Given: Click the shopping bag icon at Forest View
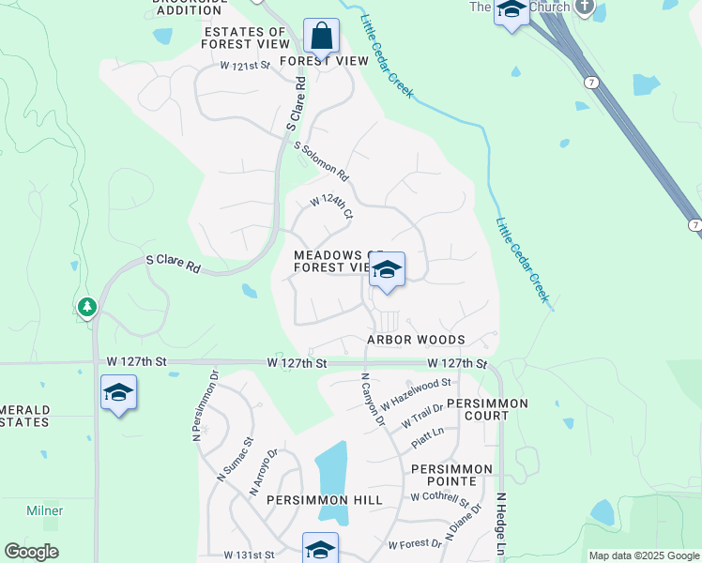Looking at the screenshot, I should (x=321, y=38).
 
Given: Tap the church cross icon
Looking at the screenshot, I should (x=585, y=8).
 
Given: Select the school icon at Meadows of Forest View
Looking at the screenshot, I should (x=386, y=271).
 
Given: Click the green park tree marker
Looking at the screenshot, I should (x=86, y=307).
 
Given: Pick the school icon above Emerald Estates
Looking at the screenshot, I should (x=119, y=393).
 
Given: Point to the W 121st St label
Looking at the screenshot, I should (x=245, y=66).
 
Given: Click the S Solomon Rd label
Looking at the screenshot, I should (x=321, y=161).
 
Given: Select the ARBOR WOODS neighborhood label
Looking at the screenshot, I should (x=416, y=340).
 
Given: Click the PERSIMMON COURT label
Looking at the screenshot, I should (x=487, y=409).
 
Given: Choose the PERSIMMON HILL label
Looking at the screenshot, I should (x=324, y=500).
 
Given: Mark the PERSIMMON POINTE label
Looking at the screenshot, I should (x=450, y=475).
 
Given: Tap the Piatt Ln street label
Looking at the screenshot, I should (x=425, y=432).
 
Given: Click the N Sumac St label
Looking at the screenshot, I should (x=236, y=459).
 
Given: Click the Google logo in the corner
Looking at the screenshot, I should (x=31, y=552).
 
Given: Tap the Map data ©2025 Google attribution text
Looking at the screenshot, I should (x=644, y=555).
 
